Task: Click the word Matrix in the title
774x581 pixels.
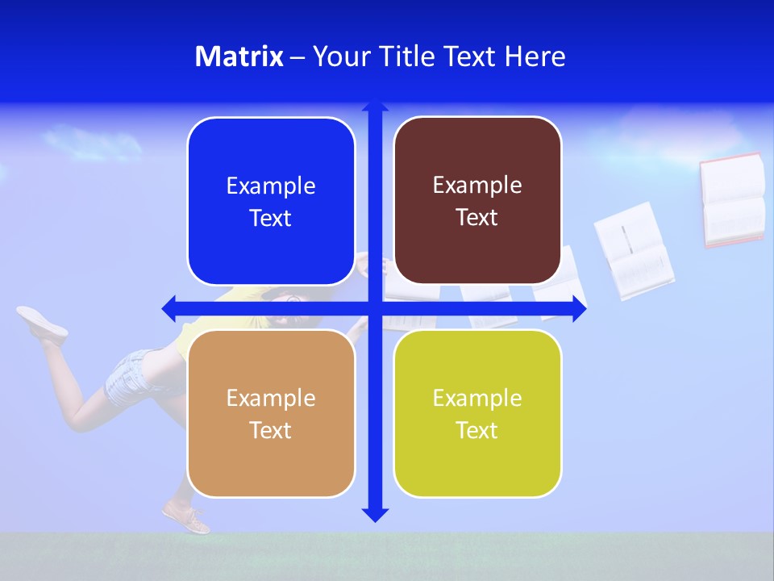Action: click(x=239, y=56)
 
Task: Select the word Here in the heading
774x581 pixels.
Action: click(x=535, y=56)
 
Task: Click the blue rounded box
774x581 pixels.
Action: click(x=271, y=202)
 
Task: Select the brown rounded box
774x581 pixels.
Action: click(x=477, y=201)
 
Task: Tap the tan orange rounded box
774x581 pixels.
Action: click(x=271, y=413)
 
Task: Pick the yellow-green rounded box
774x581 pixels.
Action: click(x=477, y=413)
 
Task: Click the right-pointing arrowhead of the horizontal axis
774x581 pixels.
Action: click(x=579, y=308)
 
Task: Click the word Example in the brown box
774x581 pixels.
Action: click(x=477, y=186)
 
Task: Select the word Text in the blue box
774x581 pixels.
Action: click(x=271, y=219)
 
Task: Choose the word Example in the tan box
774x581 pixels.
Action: click(x=271, y=398)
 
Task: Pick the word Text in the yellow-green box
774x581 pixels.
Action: click(x=477, y=431)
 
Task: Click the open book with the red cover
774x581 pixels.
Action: click(x=732, y=199)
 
